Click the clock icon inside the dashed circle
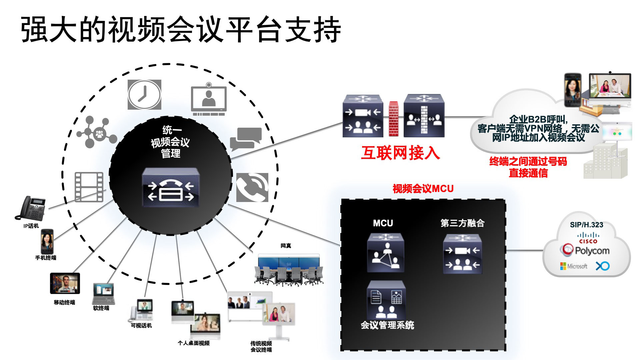click(x=144, y=95)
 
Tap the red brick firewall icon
click(x=393, y=119)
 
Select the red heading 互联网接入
click(x=400, y=153)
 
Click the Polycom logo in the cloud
click(x=586, y=250)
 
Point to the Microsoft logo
click(x=574, y=266)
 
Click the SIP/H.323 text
click(x=586, y=225)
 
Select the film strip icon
click(x=89, y=187)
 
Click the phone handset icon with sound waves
click(x=252, y=187)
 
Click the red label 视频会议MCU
click(x=423, y=189)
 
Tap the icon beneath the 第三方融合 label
click(x=462, y=254)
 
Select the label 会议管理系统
click(x=387, y=325)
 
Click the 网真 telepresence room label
click(x=286, y=246)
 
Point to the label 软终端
click(x=101, y=308)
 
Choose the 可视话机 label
click(x=141, y=326)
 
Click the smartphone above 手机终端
click(x=47, y=242)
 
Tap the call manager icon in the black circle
click(x=171, y=187)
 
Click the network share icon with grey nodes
click(x=96, y=132)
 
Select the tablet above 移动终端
click(x=65, y=283)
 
